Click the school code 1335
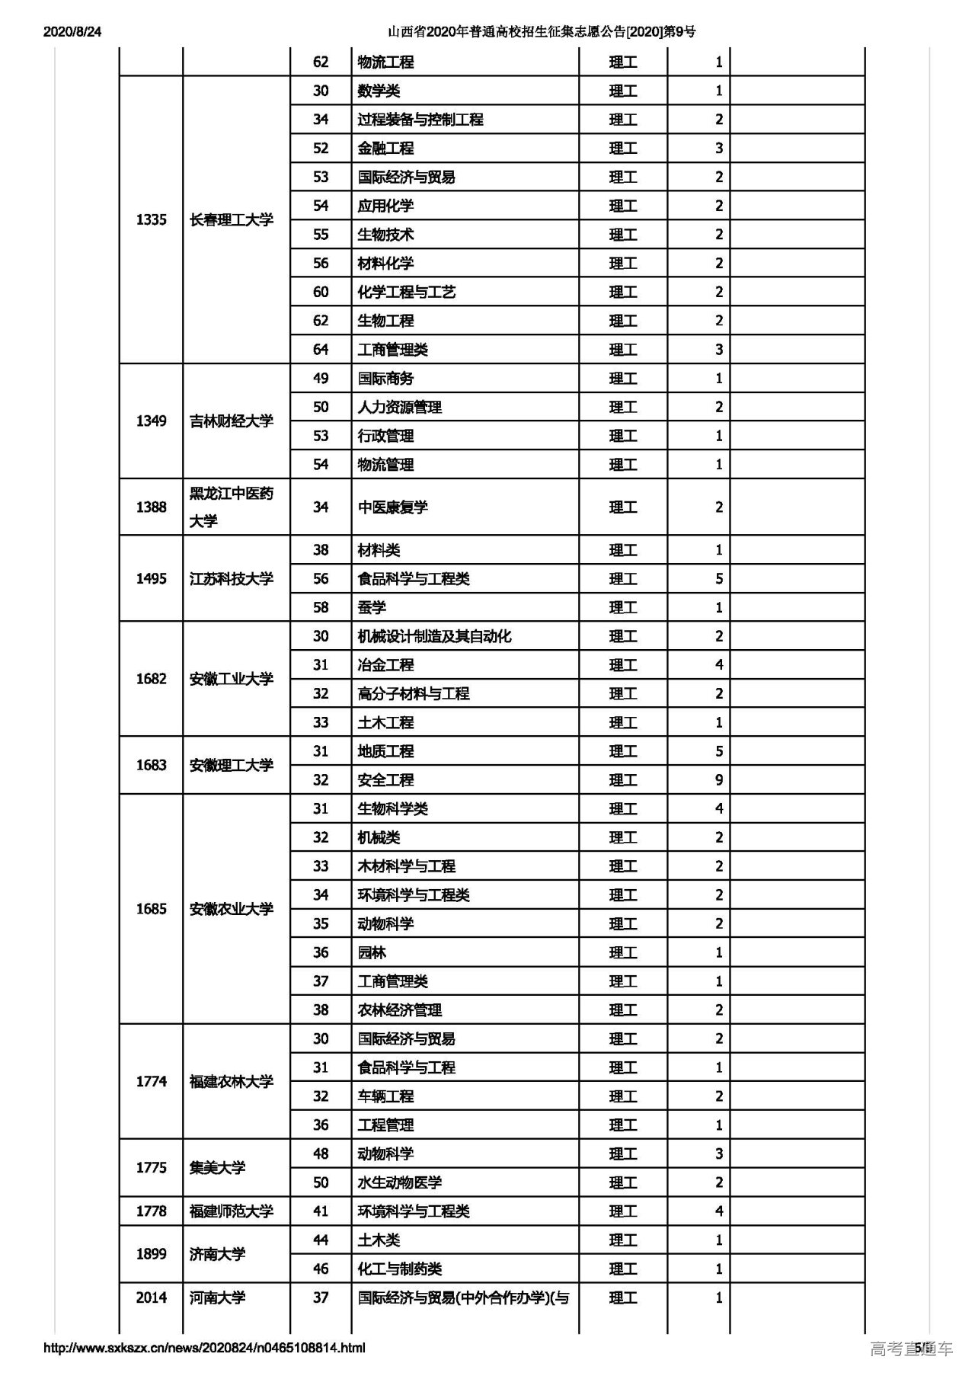click(151, 220)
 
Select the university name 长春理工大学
click(231, 220)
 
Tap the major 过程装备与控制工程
click(420, 120)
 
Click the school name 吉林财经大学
click(231, 421)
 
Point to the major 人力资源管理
click(399, 408)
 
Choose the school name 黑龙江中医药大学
click(231, 507)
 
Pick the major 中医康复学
click(392, 507)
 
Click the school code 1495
click(151, 579)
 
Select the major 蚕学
click(372, 608)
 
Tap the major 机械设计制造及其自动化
click(434, 637)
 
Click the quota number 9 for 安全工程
click(718, 780)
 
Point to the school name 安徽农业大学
click(231, 910)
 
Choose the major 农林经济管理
click(399, 1010)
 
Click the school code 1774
click(151, 1082)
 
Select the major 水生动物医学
click(399, 1183)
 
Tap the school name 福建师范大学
click(231, 1211)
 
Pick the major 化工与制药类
click(399, 1269)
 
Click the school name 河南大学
click(217, 1298)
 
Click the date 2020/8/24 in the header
click(72, 32)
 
